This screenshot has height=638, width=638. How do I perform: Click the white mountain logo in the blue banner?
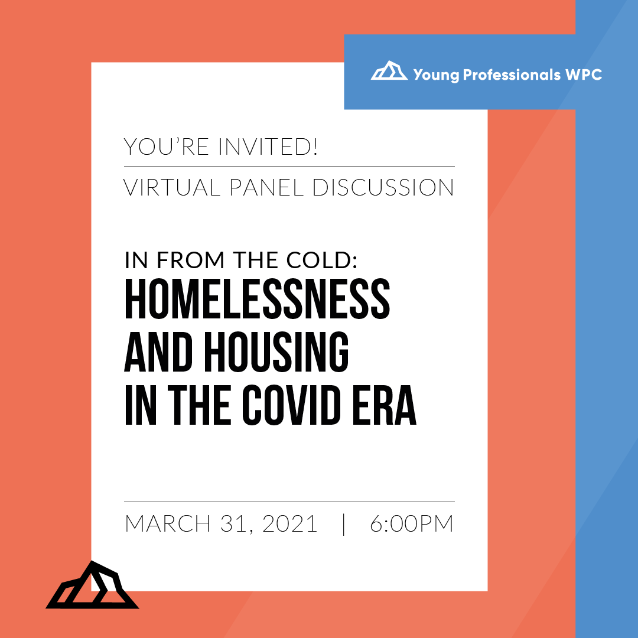tap(389, 71)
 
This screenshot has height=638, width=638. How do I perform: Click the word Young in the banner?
tap(436, 75)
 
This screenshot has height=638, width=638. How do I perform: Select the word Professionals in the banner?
tap(512, 75)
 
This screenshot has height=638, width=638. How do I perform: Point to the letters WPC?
tap(584, 74)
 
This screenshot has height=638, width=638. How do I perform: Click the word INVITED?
tap(268, 147)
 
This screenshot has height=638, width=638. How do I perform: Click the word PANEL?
tap(266, 187)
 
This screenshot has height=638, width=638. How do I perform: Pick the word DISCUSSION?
tap(383, 187)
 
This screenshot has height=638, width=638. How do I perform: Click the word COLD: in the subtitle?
tap(322, 260)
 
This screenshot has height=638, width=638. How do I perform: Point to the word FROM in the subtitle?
tap(190, 260)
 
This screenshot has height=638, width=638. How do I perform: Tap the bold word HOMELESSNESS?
tap(257, 298)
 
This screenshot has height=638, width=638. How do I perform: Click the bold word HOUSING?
tap(276, 351)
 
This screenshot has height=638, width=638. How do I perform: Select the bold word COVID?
tap(291, 405)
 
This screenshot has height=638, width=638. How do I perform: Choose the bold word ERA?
tap(385, 405)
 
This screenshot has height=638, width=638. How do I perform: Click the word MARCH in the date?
tap(168, 523)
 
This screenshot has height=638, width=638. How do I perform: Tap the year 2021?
tap(289, 523)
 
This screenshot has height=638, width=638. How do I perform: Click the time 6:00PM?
tap(411, 523)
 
